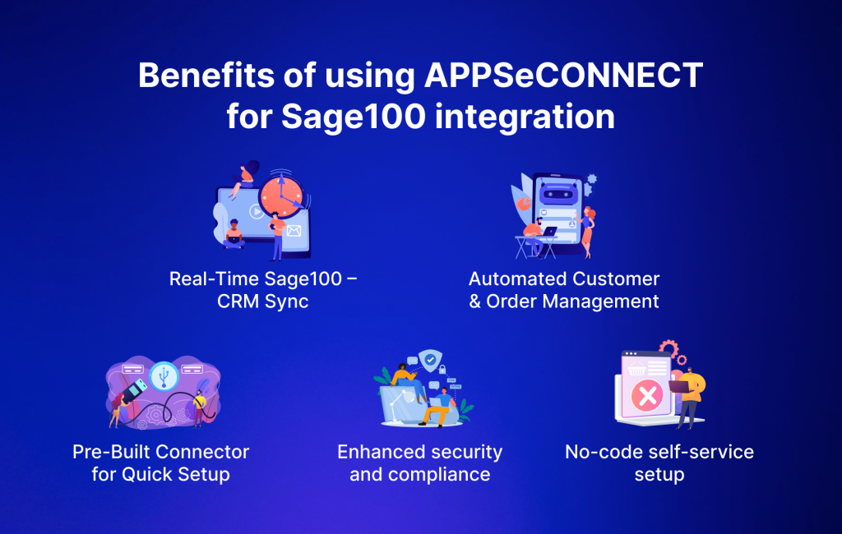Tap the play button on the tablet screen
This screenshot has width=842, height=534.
256,211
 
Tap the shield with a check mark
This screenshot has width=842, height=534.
428,359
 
